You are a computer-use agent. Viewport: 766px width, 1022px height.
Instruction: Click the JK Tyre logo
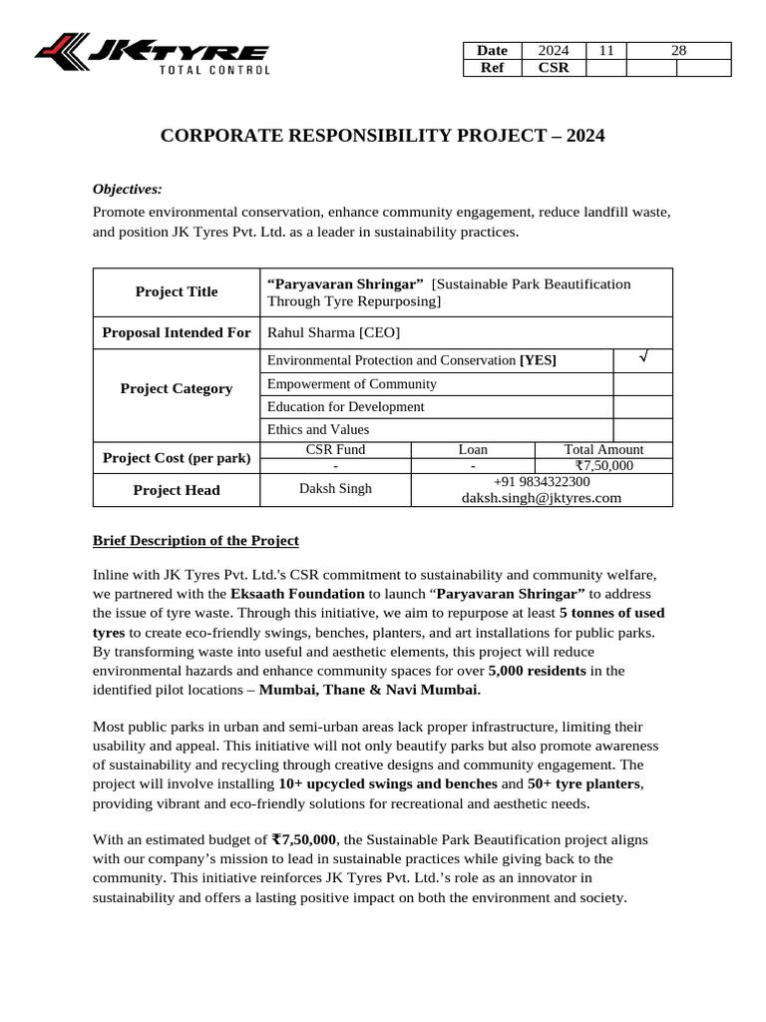(x=152, y=54)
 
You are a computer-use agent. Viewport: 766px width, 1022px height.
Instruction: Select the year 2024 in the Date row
(x=553, y=51)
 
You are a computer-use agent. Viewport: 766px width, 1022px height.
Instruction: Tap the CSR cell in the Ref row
(x=553, y=68)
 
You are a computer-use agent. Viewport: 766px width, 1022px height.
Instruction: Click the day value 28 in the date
(x=678, y=51)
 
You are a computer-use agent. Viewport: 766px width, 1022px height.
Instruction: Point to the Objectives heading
(x=128, y=189)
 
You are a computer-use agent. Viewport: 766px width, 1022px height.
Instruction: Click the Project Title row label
(x=177, y=291)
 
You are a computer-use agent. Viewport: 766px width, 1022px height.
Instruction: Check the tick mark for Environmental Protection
(x=642, y=358)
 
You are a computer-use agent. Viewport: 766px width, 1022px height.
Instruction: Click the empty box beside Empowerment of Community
(x=642, y=384)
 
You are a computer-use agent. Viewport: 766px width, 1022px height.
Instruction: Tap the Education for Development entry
(x=346, y=407)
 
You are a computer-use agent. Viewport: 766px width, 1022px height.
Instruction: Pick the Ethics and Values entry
(x=318, y=430)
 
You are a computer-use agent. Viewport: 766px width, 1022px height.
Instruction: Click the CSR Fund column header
(x=335, y=450)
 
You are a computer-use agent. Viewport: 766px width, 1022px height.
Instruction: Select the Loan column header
(x=473, y=450)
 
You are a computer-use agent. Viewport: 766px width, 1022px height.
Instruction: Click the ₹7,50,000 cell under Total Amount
(x=603, y=466)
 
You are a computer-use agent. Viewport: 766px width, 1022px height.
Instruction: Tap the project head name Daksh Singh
(x=335, y=489)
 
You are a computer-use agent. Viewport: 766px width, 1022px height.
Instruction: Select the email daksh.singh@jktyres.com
(x=542, y=497)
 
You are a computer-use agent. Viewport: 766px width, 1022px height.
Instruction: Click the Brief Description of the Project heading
(x=195, y=541)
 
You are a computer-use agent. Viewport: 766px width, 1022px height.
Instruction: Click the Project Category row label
(x=177, y=389)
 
